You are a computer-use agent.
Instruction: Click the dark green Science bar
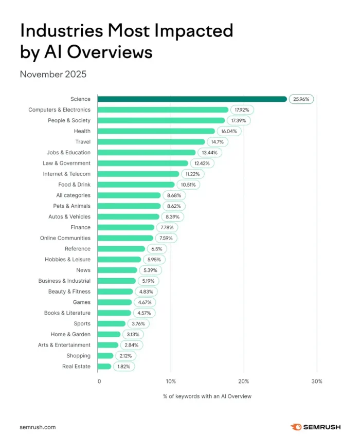[192, 99]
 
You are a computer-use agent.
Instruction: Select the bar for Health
[156, 131]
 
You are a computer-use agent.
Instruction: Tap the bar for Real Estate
[104, 367]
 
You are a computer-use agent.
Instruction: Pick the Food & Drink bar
[136, 185]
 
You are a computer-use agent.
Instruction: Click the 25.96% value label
[300, 99]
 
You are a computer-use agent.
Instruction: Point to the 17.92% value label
[242, 110]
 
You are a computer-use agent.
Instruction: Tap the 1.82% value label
[124, 367]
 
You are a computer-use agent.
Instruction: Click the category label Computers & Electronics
[59, 110]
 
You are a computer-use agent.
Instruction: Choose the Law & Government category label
[66, 163]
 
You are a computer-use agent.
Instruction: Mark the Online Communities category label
[65, 238]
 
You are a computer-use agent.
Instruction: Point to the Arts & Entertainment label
[64, 345]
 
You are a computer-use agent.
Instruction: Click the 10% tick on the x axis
[171, 381]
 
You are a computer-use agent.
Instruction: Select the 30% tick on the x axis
[317, 381]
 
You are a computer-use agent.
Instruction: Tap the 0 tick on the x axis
[99, 381]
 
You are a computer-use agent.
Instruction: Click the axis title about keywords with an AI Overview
[207, 396]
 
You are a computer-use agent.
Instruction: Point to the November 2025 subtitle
[53, 74]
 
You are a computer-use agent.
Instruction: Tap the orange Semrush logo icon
[296, 427]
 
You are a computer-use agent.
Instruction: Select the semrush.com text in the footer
[38, 427]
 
